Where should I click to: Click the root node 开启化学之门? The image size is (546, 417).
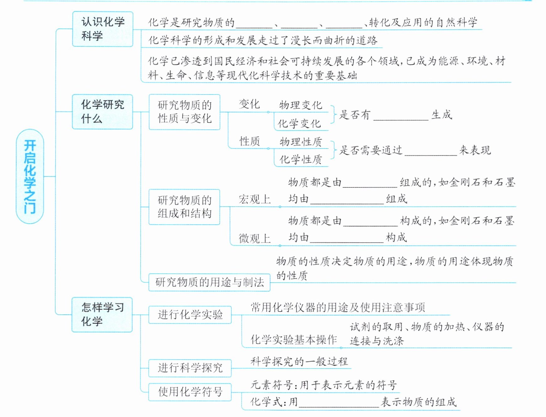(30, 176)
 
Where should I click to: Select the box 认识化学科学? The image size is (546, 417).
(103, 29)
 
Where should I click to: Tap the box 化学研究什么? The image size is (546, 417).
(103, 112)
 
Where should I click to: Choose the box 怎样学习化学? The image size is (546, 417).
(102, 314)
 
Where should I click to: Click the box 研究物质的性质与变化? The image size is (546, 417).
(185, 112)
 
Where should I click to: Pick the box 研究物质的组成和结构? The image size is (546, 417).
(185, 207)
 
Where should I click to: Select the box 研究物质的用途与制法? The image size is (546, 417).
(209, 282)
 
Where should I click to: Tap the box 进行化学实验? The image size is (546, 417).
(190, 315)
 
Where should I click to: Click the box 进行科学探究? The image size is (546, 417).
(190, 368)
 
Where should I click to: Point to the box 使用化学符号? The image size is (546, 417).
(190, 392)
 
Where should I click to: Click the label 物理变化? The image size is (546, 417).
(301, 105)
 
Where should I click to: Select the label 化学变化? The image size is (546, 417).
(299, 123)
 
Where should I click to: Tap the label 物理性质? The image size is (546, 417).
(301, 142)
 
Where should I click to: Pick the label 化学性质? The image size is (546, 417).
(301, 160)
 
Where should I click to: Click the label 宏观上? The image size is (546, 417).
(254, 199)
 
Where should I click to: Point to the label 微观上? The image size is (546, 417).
(254, 238)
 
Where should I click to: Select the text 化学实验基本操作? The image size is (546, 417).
(294, 339)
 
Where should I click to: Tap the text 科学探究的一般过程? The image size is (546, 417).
(299, 361)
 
